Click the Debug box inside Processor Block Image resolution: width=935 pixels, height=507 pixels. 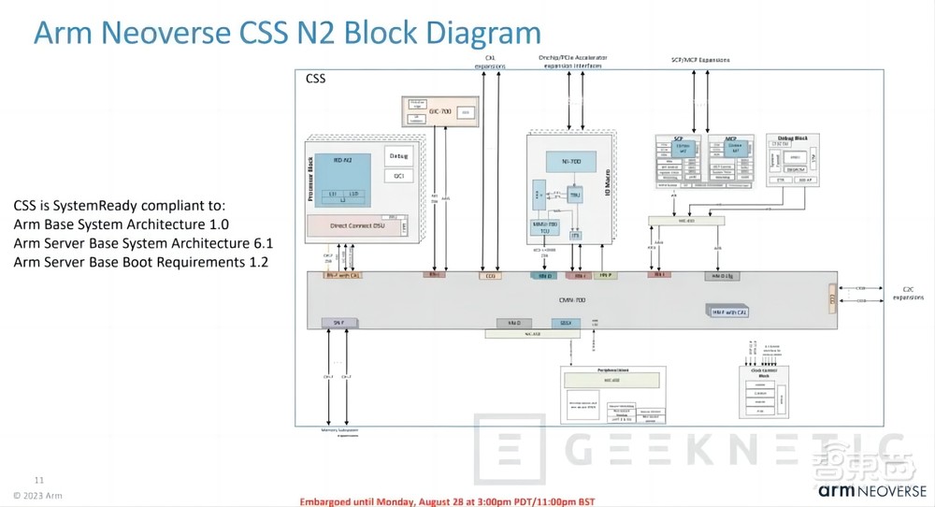(x=398, y=157)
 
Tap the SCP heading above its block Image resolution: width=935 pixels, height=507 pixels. (x=680, y=138)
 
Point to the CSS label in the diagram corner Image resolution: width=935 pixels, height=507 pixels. (x=316, y=80)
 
